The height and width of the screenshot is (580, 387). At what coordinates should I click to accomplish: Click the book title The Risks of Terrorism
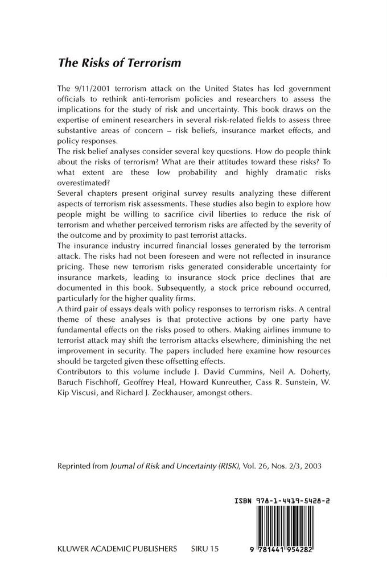pyautogui.click(x=120, y=63)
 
